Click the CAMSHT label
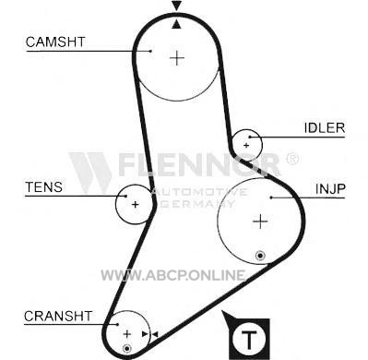coord(55,42)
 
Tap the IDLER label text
coord(325,127)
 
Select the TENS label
coord(43,187)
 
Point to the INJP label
coord(330,188)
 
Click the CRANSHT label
coord(58,316)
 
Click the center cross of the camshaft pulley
coord(177,57)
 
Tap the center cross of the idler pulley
coord(246,145)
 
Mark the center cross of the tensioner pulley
coord(135,204)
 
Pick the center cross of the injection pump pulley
coord(260,222)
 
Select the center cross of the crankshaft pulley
coord(126,334)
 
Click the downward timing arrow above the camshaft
coord(176,6)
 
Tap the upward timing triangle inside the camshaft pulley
coord(176,24)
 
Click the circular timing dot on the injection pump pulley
coord(260,256)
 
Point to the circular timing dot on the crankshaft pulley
coord(126,349)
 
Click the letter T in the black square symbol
coord(249,339)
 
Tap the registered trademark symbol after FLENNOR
coord(291,159)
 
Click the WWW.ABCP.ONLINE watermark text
coord(173,275)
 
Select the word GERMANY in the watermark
coord(197,204)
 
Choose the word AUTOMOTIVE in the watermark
coord(200,192)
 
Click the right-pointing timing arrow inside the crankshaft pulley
coord(145,334)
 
